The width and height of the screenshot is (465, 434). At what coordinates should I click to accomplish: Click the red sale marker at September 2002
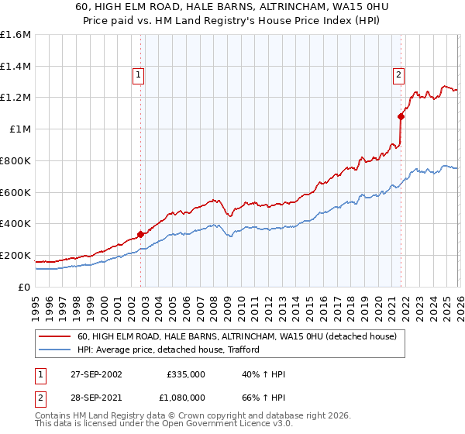140,234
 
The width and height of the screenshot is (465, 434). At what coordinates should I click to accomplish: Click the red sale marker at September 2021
401,116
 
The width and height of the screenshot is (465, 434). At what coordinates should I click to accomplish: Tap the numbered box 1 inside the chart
138,75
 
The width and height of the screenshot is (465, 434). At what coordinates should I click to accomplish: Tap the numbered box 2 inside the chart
398,75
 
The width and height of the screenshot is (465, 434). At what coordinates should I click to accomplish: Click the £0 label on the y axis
25,287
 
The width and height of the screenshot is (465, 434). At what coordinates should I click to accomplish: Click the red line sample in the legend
55,337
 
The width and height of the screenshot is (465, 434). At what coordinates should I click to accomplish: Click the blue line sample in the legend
55,350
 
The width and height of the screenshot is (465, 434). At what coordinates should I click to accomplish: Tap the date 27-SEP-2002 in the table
95,374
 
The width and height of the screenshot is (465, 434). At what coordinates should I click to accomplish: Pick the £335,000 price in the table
185,374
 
